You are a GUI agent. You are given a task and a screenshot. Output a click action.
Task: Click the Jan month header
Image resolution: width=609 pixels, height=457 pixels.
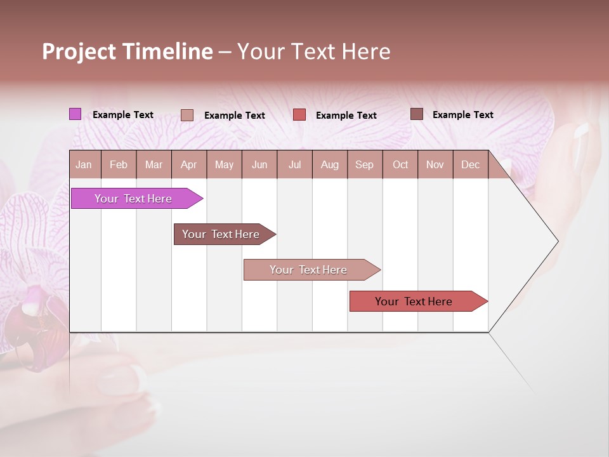84,164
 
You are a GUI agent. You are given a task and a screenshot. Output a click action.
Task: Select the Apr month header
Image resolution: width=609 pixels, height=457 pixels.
188,164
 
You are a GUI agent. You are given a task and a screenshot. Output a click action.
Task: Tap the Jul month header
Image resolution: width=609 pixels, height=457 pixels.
294,164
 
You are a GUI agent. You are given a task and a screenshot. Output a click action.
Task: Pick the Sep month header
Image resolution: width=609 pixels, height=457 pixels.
364,164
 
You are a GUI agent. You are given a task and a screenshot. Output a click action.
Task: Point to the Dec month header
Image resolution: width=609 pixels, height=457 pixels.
470,164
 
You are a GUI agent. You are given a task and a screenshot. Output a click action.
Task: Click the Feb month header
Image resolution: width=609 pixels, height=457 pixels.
119,164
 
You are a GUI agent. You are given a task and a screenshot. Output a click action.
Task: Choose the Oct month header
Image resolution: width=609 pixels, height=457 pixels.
400,164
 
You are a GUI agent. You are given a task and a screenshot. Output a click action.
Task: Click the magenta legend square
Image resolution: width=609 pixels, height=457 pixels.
75,114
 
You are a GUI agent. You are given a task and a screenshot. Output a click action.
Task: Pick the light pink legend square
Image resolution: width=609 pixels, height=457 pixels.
187,115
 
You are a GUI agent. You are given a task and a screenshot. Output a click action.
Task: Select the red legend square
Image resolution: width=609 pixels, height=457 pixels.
299,115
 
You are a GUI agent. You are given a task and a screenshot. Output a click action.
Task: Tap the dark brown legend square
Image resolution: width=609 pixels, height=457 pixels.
416,114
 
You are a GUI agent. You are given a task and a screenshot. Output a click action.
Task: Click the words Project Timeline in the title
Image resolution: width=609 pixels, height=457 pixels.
127,51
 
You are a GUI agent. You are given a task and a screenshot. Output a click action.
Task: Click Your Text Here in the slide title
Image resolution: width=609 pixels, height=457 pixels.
313,51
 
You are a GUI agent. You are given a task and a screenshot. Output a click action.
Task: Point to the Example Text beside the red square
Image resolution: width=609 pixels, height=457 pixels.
346,116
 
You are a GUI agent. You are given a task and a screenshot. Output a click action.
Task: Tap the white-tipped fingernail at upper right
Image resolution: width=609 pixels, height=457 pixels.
581,131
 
